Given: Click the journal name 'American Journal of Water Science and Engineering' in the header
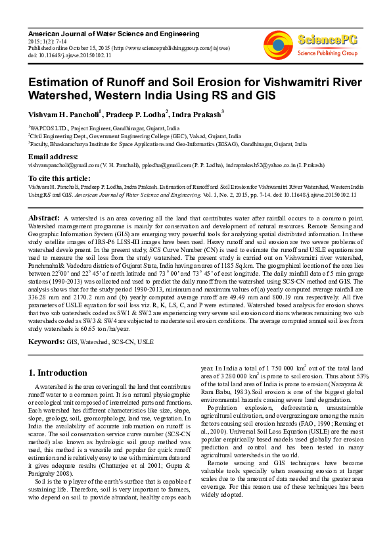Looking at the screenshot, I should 114,33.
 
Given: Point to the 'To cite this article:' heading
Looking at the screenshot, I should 59,178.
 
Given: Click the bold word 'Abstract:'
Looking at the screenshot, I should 45,217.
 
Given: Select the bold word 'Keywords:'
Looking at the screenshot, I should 47,342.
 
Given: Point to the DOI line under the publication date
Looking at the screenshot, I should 70,55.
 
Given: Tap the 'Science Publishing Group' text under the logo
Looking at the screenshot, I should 327,52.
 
